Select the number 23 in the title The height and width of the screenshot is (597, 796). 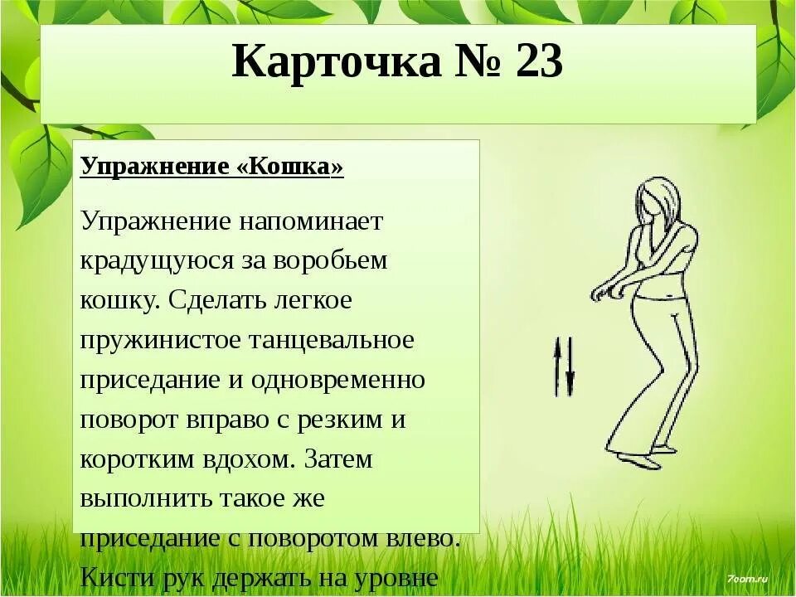click(538, 62)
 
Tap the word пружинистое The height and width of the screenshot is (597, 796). click(162, 341)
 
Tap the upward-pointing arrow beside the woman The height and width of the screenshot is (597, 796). click(557, 365)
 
